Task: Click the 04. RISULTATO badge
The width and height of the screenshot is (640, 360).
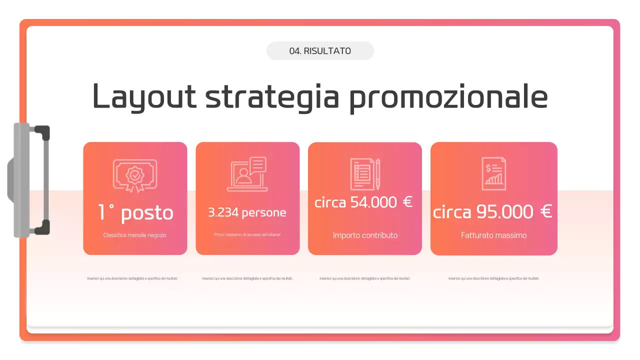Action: (320, 51)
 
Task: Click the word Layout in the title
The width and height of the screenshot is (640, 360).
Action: (144, 96)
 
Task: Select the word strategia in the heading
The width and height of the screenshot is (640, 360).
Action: (272, 96)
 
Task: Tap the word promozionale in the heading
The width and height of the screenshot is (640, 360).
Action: (448, 96)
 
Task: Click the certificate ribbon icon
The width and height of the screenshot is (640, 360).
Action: (135, 175)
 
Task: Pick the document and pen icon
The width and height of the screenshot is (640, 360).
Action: (365, 174)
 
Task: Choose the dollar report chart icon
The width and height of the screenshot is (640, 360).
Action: (493, 174)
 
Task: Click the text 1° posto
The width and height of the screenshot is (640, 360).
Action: (135, 213)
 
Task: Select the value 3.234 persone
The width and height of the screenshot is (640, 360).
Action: (247, 212)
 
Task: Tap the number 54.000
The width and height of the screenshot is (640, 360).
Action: (373, 202)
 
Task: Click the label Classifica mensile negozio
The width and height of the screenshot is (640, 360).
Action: (135, 235)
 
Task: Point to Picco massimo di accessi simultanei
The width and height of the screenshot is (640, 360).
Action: (247, 234)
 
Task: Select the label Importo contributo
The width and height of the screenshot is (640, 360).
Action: (365, 235)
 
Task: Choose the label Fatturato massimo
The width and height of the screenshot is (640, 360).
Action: (493, 235)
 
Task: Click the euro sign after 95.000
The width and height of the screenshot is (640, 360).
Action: (546, 212)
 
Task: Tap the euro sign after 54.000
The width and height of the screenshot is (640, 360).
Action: (407, 202)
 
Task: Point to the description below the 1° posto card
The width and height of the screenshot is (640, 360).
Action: (132, 278)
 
